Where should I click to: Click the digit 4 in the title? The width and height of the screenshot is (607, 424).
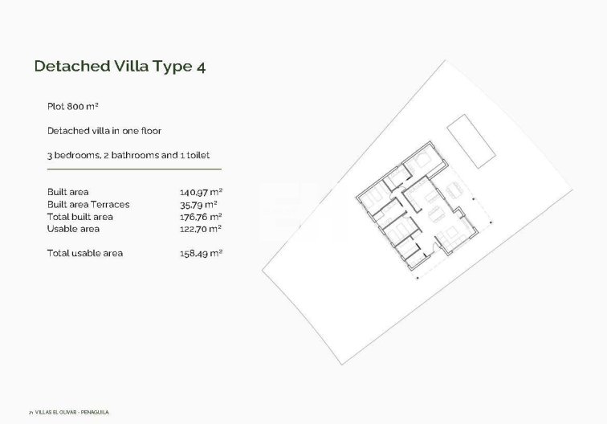point(200,67)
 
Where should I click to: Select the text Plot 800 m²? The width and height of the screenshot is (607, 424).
point(72,106)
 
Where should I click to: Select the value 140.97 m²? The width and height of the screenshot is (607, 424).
point(201,192)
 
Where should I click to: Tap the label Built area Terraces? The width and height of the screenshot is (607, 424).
point(88,204)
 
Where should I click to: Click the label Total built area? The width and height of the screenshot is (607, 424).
point(80,217)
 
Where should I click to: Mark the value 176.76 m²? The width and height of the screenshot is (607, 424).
point(201,217)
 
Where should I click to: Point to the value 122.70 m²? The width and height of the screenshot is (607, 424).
point(201,229)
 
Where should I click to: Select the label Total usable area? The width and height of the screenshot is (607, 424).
point(85,254)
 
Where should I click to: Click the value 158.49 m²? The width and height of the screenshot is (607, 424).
point(201,254)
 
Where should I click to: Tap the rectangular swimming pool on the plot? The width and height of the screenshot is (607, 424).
point(470,141)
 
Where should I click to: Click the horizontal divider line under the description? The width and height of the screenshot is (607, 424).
point(134,169)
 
